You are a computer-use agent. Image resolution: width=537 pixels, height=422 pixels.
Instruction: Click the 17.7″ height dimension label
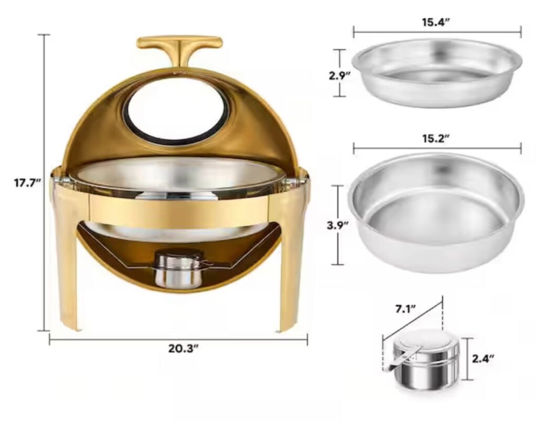pyautogui.click(x=28, y=183)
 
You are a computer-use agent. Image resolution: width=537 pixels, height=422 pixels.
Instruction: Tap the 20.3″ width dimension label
pyautogui.click(x=184, y=349)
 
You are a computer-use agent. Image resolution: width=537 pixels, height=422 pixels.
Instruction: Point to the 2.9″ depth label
pyautogui.click(x=339, y=75)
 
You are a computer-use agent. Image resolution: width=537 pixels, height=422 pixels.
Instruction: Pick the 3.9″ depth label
pyautogui.click(x=338, y=225)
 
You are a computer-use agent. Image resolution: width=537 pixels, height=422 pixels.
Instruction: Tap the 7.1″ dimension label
pyautogui.click(x=405, y=309)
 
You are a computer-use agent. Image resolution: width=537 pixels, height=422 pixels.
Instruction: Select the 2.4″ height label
pyautogui.click(x=483, y=359)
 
